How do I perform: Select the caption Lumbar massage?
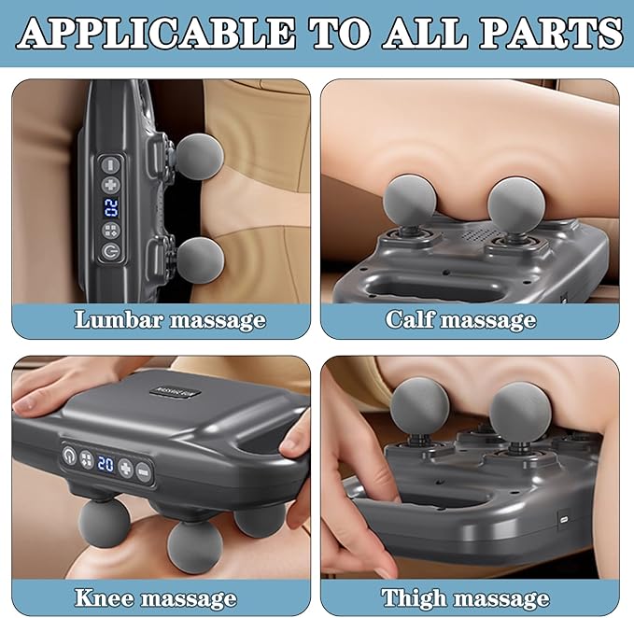170,319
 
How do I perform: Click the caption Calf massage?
460,319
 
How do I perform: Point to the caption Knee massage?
157,597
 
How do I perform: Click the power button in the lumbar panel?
111,251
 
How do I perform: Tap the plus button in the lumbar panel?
111,185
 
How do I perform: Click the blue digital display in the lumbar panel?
111,207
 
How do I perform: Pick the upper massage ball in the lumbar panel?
199,155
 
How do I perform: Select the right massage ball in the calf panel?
514,203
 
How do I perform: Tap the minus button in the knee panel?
143,470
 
